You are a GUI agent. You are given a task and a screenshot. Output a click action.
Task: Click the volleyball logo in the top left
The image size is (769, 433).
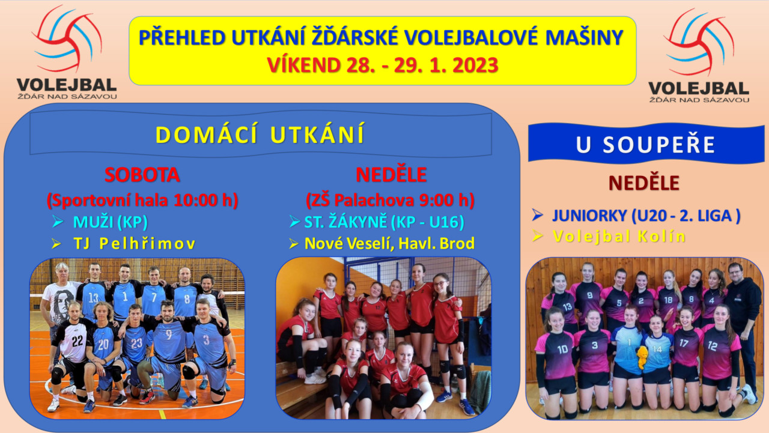(67, 52)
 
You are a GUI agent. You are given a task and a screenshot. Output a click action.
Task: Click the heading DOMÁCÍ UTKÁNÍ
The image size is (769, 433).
(260, 135)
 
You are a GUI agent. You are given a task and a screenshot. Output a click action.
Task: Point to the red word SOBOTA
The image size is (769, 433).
(142, 175)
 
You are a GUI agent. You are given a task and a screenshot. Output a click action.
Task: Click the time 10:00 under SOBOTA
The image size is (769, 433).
(195, 200)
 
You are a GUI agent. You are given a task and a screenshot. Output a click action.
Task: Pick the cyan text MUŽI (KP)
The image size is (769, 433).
(110, 222)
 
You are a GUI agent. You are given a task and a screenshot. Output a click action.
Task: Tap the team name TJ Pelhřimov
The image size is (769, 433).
(134, 244)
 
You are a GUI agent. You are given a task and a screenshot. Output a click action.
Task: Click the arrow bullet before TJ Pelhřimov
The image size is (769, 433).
(56, 244)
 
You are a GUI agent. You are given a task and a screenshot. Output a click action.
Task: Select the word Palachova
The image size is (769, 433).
(374, 200)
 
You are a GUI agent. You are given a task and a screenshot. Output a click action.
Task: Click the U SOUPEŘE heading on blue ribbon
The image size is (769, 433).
(645, 145)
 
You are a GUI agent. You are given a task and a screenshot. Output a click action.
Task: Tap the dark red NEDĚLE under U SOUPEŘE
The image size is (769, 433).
(644, 183)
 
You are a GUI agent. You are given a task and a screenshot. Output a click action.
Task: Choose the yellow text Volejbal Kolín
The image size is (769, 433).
(619, 237)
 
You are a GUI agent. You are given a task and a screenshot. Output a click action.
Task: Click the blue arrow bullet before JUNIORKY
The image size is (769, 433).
(537, 215)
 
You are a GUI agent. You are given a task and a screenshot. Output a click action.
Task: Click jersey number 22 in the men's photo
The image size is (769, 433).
(78, 341)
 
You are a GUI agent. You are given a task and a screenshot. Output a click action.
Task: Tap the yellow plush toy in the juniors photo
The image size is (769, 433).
(642, 357)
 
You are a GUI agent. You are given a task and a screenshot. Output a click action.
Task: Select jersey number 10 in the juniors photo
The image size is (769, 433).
(562, 350)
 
